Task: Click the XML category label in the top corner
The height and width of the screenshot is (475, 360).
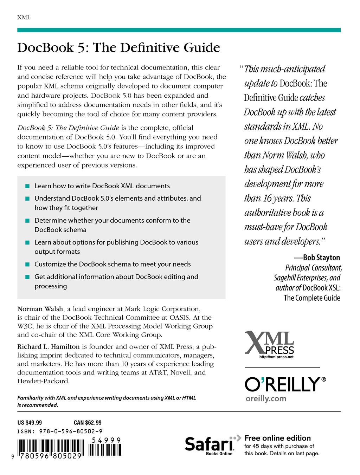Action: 24,18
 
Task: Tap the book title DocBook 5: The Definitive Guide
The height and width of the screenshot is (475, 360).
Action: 118,48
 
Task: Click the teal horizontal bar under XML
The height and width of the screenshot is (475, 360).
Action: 179,30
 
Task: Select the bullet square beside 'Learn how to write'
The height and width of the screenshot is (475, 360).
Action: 27,186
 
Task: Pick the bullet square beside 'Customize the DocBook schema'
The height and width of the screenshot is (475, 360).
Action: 27,264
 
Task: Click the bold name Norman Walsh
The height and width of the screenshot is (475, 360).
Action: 40,309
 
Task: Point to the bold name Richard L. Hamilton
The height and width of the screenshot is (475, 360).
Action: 49,347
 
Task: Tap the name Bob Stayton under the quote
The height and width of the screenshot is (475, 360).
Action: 321,258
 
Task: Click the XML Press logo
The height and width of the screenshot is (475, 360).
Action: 269,343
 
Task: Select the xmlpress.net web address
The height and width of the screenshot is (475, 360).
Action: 276,357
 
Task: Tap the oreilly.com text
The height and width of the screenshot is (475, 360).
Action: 266,399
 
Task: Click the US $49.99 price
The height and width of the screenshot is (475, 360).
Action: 30,423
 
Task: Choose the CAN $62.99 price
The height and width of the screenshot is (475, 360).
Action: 88,423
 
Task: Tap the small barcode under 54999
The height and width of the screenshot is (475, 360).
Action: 105,450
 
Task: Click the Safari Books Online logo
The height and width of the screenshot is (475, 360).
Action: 210,445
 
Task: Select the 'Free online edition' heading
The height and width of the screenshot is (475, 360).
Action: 277,438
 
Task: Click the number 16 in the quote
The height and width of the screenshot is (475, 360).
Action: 268,199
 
